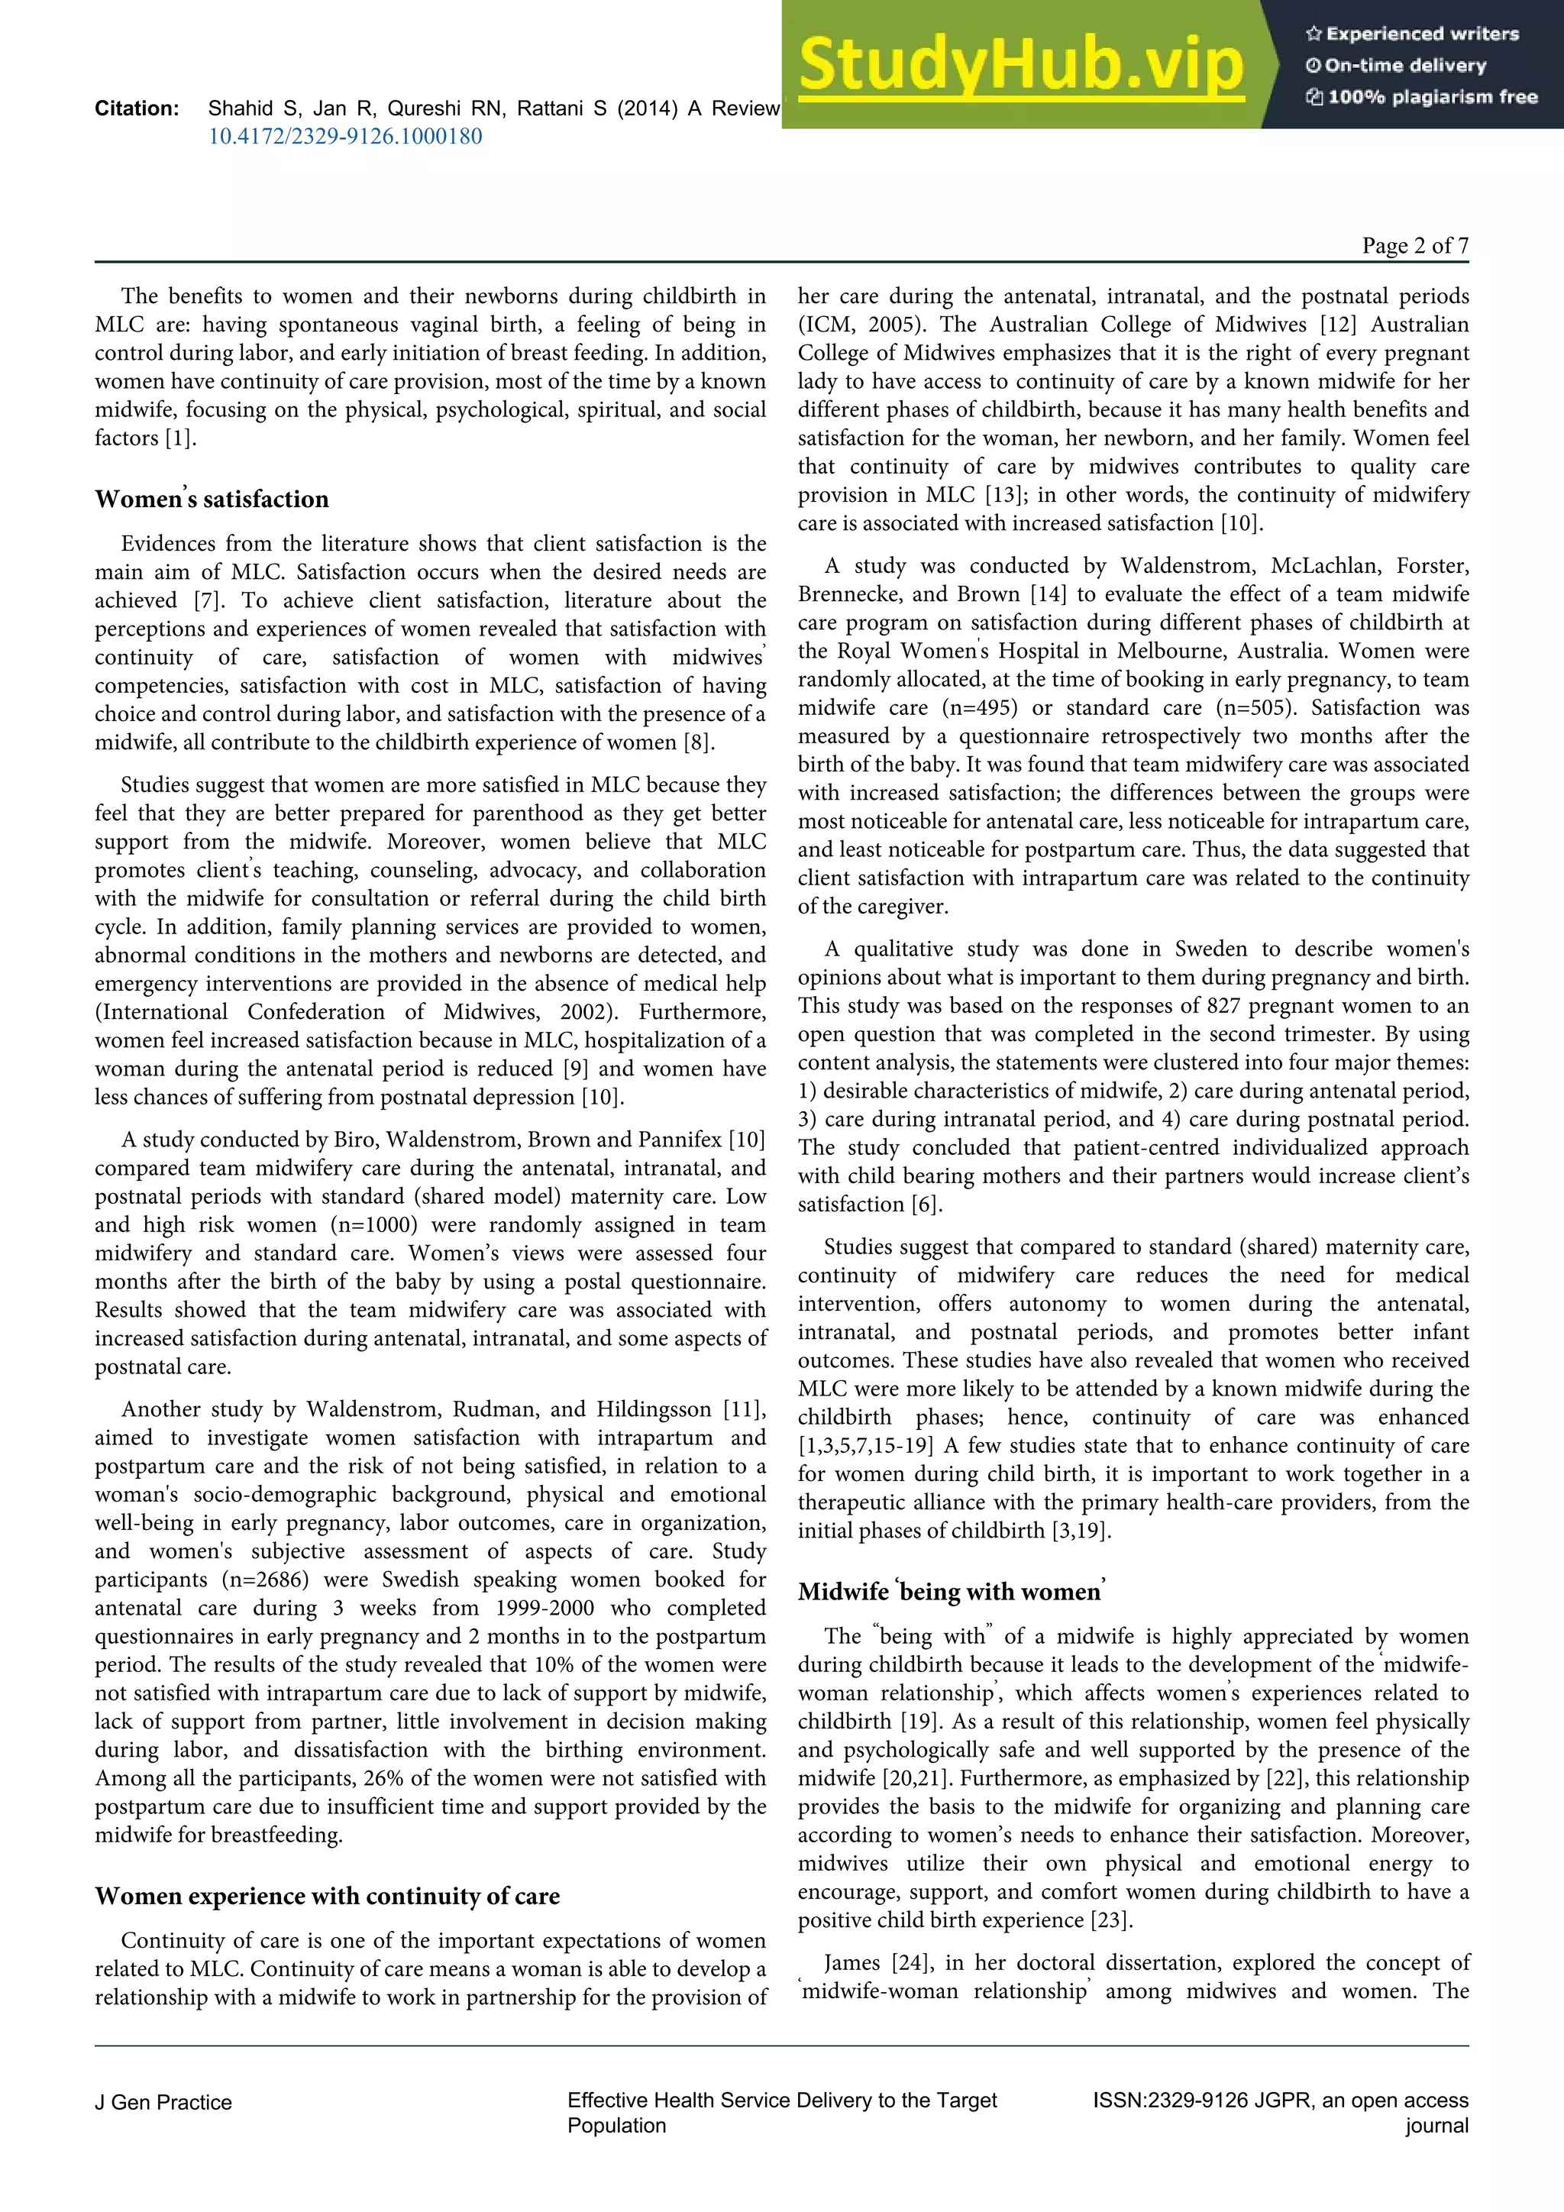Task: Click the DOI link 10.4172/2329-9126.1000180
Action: [x=344, y=137]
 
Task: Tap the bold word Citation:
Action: [x=137, y=109]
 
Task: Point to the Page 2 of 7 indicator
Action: [x=1415, y=246]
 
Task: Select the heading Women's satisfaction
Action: [x=212, y=499]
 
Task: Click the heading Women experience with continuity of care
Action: [x=328, y=1896]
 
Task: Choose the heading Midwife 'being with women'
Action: [x=952, y=1592]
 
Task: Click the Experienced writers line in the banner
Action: [x=1413, y=34]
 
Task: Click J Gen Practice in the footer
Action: [x=163, y=2102]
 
